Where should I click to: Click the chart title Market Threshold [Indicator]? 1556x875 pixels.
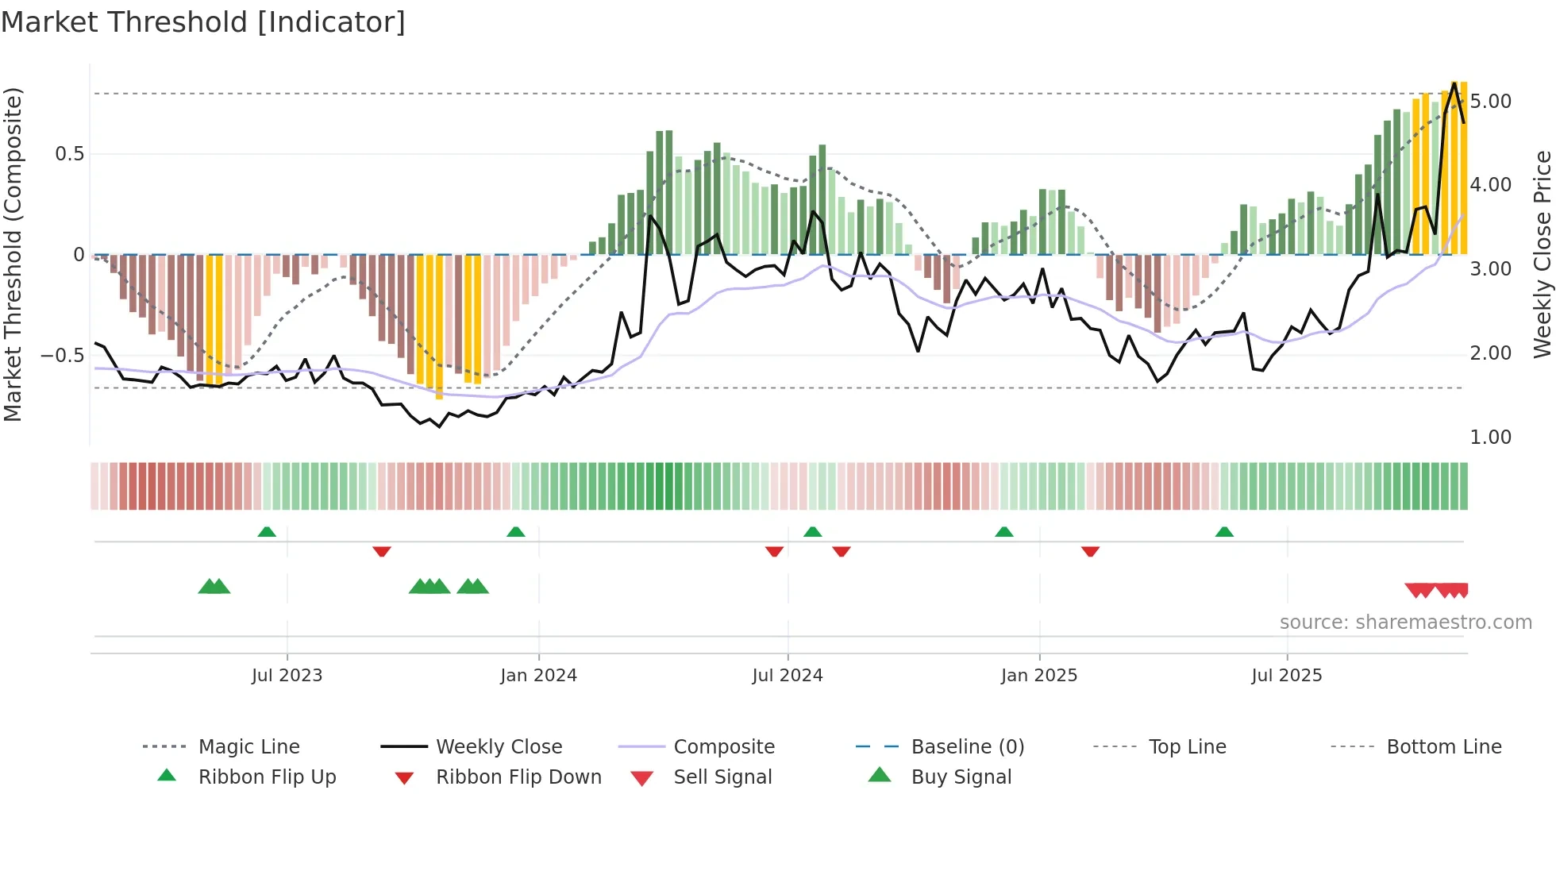[x=203, y=22]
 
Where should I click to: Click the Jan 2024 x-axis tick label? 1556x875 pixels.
[x=538, y=676]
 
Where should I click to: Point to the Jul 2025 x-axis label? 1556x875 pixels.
[x=1287, y=676]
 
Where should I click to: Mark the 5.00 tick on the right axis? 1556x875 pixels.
[x=1490, y=102]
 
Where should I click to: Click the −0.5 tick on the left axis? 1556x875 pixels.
[x=62, y=355]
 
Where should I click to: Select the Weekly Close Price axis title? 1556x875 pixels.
[x=1542, y=254]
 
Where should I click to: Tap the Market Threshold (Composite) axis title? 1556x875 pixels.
[x=13, y=254]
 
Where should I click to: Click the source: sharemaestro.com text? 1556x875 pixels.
[x=1405, y=623]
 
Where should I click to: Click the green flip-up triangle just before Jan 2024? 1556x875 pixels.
[x=516, y=532]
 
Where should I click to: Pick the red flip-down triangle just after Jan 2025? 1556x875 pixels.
[x=1090, y=551]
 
